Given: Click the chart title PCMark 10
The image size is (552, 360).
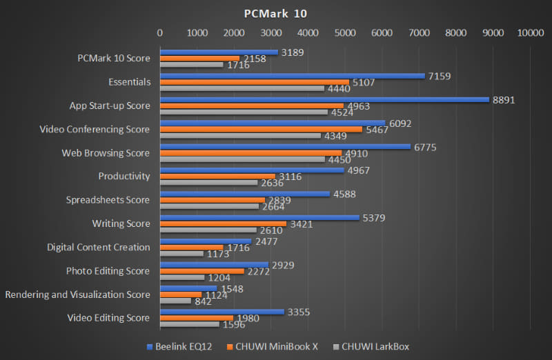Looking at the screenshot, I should point(275,13).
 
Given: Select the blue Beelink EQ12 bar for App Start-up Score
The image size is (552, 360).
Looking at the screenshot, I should point(324,99).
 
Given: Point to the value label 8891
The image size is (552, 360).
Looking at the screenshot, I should point(504,100).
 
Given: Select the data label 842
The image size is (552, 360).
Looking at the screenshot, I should point(205,301).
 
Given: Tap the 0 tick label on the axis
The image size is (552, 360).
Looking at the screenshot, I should point(160,32).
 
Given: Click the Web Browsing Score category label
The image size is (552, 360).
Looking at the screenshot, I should point(106,152).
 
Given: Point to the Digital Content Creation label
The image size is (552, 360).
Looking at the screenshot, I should point(98,247).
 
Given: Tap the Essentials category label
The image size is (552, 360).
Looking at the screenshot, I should point(129,81).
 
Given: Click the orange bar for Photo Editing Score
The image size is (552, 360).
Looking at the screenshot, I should point(201,271).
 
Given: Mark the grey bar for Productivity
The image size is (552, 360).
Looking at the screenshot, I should point(208,183).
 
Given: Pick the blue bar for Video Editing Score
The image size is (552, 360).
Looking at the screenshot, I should point(221,312).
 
